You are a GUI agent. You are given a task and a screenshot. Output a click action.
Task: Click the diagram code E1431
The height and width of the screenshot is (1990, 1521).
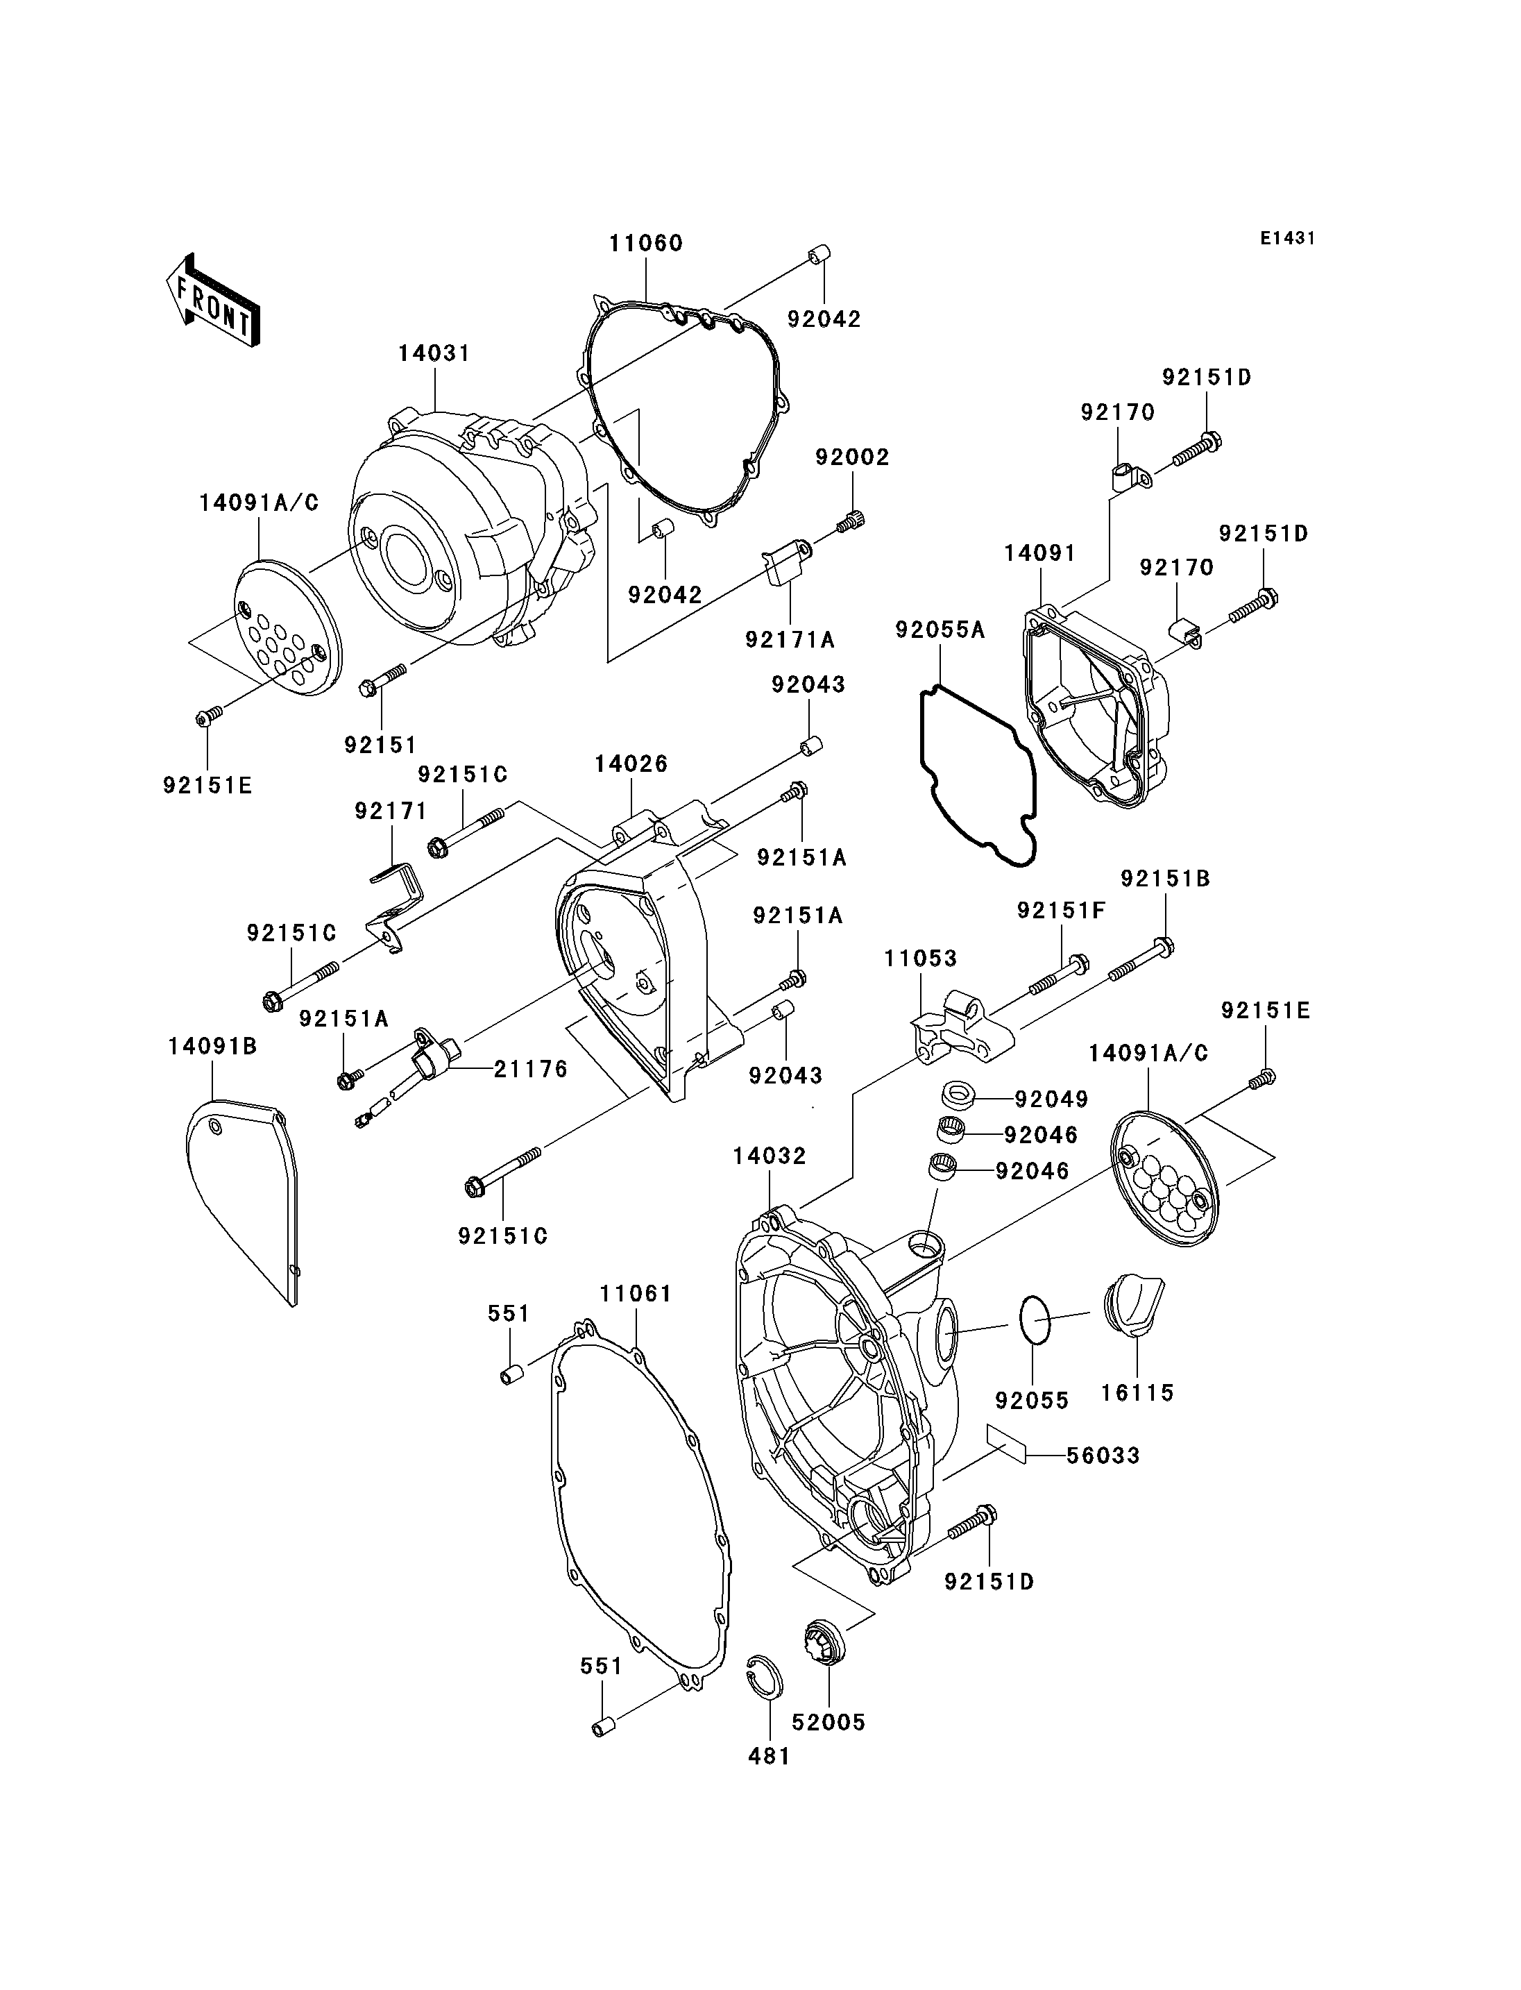pos(1286,238)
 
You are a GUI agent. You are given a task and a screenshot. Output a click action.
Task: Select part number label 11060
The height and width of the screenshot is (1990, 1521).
pos(645,244)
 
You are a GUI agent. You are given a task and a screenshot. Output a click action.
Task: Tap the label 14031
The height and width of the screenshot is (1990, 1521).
pos(434,354)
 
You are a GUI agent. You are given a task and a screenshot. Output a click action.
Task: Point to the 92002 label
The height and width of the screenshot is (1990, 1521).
pos(852,457)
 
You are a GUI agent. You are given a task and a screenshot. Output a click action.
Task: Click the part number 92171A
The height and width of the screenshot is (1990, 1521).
pos(790,639)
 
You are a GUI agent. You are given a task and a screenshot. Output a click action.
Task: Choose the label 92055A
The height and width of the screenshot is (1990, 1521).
pos(940,629)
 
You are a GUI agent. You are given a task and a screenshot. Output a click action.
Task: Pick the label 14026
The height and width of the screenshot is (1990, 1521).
pos(631,764)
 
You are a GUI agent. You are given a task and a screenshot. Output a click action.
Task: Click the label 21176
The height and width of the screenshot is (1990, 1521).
pos(531,1070)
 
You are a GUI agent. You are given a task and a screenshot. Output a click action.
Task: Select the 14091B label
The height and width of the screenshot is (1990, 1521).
pos(213,1046)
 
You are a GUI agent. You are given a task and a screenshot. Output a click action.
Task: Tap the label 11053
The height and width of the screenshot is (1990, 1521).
pos(921,959)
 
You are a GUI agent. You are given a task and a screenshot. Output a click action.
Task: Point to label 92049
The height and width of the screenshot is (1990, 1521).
pos(1051,1099)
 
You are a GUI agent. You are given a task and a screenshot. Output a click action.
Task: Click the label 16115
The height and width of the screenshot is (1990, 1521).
pos(1137,1392)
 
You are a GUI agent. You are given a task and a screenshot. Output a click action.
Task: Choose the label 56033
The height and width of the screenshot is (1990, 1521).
pos(1103,1456)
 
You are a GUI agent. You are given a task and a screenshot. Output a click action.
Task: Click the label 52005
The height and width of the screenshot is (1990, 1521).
pos(829,1722)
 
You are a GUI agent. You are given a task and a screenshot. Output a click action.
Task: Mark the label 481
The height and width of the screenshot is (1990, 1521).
pos(770,1756)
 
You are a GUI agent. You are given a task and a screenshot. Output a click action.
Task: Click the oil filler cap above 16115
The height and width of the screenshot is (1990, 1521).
pos(1134,1304)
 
